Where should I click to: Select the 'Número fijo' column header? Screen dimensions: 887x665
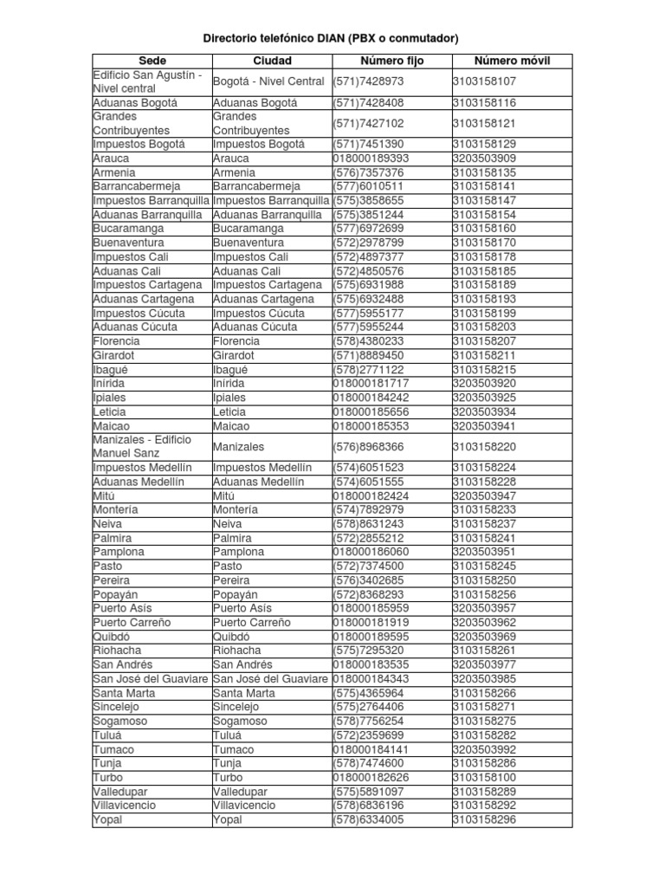click(391, 61)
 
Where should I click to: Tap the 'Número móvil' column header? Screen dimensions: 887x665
click(512, 61)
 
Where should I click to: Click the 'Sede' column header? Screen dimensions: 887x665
click(152, 61)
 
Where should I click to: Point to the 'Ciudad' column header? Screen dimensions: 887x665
click(272, 61)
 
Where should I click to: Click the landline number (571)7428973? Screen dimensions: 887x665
click(368, 81)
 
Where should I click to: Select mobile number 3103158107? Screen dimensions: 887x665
click(484, 81)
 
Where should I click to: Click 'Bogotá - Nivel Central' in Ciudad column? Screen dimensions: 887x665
click(269, 81)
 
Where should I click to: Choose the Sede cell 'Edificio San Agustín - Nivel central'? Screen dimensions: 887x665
click(147, 81)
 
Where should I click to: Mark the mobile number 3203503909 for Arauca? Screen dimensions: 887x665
click(484, 159)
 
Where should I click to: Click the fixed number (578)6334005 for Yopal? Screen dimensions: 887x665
click(368, 819)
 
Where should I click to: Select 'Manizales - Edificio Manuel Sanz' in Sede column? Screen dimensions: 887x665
click(142, 447)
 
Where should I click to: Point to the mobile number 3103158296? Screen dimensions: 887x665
click(484, 819)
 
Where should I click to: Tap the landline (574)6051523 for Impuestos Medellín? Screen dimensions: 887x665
click(368, 468)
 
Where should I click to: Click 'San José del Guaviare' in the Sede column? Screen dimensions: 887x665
click(151, 679)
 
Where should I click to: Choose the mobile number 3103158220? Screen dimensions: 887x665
click(484, 447)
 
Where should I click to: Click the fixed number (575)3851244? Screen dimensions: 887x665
click(368, 215)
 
